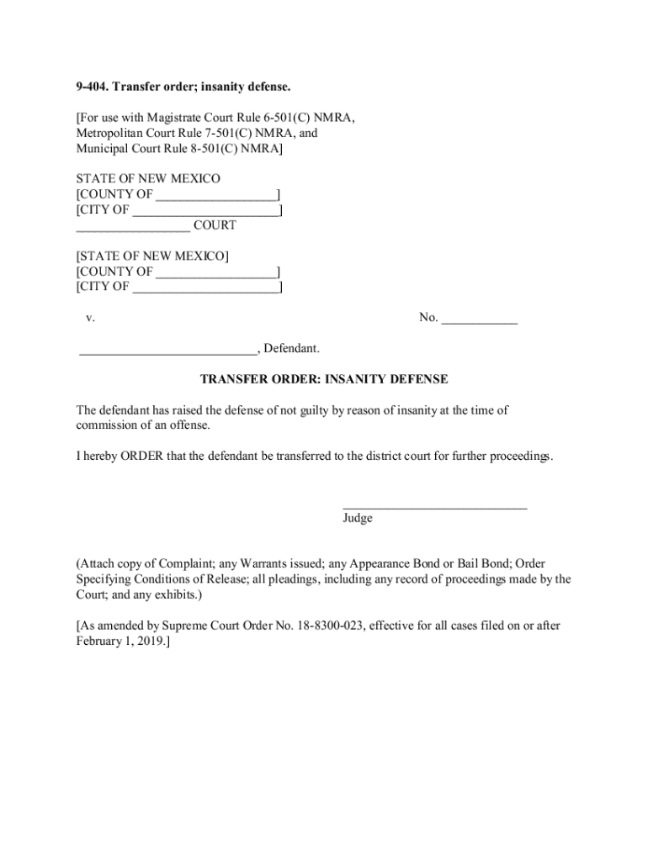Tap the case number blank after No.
[480, 319]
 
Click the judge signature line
[434, 505]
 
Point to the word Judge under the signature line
[358, 519]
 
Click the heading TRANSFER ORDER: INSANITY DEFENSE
[324, 380]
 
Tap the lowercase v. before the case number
[90, 319]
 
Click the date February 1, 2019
[121, 641]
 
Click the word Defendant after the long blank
[293, 349]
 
